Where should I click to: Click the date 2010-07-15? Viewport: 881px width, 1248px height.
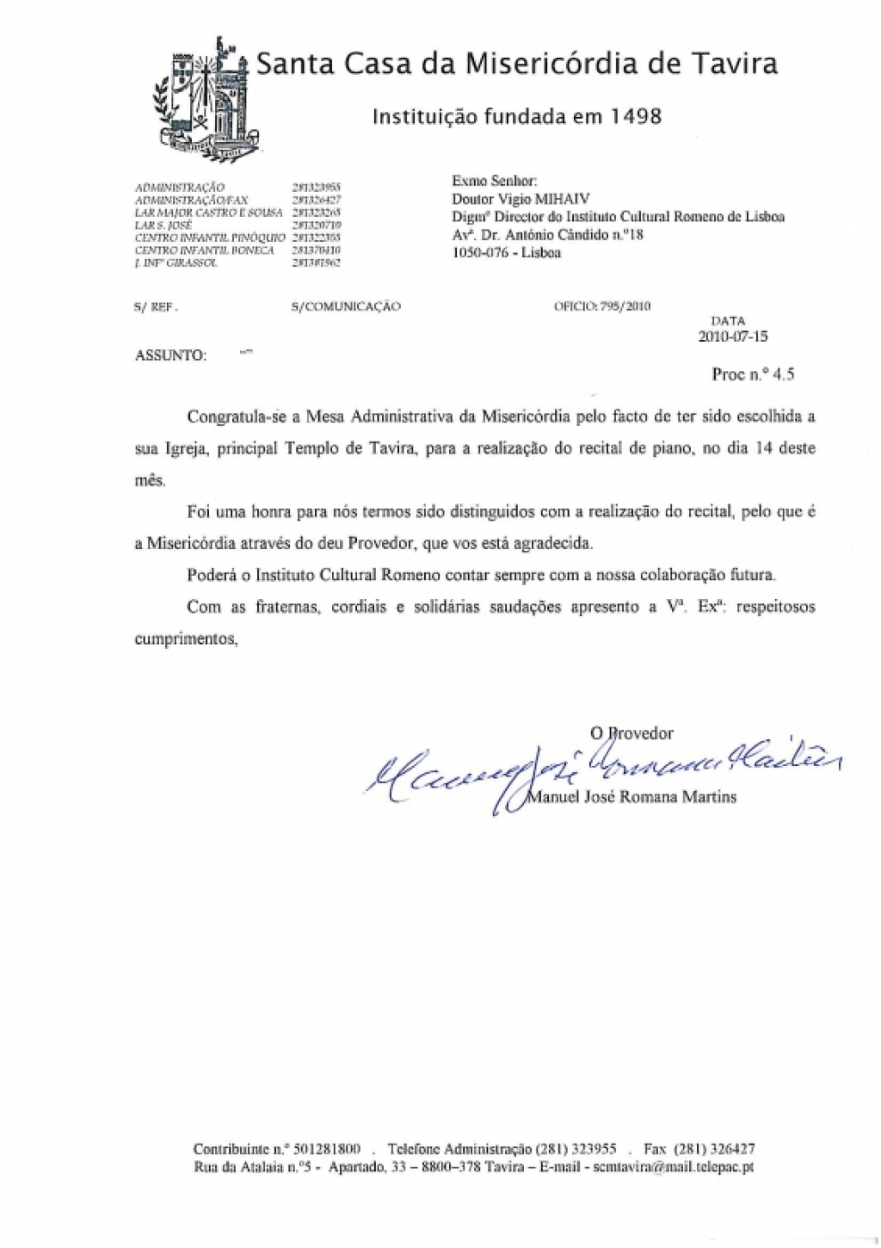(x=732, y=337)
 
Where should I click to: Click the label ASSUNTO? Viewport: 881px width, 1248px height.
(x=170, y=355)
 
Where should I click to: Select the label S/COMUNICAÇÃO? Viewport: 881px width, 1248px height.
(x=346, y=306)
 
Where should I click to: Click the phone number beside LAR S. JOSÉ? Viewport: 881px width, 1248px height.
(x=317, y=225)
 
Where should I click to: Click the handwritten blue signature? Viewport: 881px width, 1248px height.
(x=602, y=766)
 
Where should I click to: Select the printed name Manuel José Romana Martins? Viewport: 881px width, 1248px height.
(x=631, y=797)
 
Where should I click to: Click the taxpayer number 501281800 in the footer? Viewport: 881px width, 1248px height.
(x=326, y=1149)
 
